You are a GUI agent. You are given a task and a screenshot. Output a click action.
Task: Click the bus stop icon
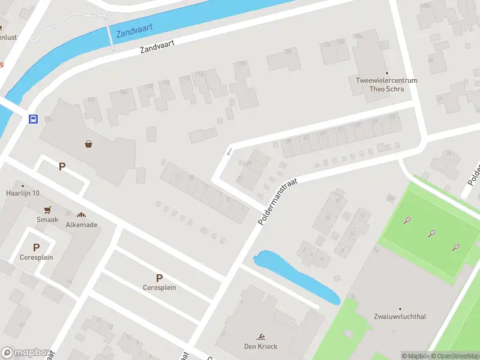[33, 119]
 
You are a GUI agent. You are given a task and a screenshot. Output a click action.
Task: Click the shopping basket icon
[89, 143]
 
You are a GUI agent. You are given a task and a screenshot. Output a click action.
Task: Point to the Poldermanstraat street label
[277, 197]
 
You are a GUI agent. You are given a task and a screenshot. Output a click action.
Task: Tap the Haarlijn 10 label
[23, 193]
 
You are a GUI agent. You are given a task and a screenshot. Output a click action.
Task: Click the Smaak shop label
[47, 220]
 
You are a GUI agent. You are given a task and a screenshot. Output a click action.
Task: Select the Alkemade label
[82, 225]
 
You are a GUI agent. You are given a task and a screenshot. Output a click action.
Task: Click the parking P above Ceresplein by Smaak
[36, 247]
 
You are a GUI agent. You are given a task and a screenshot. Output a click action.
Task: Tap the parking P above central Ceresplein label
[159, 278]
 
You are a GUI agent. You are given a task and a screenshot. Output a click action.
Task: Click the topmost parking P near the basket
[61, 166]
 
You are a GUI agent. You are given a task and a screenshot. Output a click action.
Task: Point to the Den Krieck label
[261, 346]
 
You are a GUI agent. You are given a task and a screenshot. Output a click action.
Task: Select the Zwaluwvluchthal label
[400, 316]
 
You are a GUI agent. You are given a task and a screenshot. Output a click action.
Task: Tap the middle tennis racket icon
[431, 233]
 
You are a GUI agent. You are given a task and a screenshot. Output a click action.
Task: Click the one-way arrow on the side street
[229, 152]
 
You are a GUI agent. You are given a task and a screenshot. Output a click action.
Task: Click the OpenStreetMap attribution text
[455, 356]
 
